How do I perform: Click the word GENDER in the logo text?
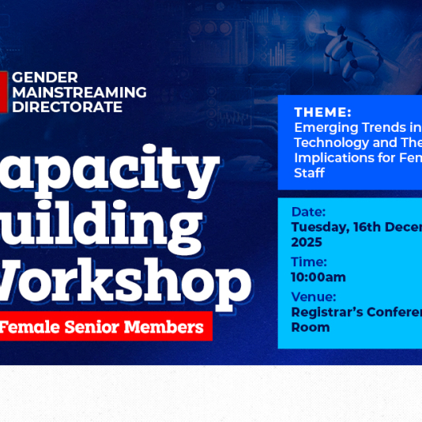tap(45, 77)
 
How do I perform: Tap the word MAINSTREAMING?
tap(79, 92)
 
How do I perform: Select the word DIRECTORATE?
tap(67, 107)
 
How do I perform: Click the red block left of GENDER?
tap(4, 92)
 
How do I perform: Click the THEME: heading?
tap(322, 112)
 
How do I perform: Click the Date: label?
tap(308, 212)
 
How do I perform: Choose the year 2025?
tap(307, 242)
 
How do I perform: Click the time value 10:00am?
tap(318, 277)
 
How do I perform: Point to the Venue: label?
tap(314, 296)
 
